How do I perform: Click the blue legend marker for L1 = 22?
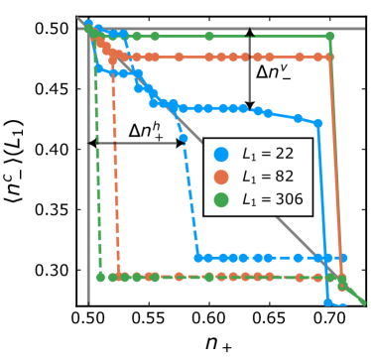221,155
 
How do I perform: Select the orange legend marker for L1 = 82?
221,178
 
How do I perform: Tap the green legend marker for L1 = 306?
221,199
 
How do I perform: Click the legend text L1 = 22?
269,155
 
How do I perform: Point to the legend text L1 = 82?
269,178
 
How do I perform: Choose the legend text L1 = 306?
273,199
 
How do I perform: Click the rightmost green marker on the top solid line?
329,37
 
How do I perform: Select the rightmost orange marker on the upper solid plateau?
329,58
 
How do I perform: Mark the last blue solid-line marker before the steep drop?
318,124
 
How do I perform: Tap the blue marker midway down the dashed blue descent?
184,138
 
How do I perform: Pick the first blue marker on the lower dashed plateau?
198,258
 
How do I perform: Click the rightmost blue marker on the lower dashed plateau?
342,258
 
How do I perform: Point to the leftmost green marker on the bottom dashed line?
100,277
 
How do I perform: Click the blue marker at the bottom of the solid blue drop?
328,301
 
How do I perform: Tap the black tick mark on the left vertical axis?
89,147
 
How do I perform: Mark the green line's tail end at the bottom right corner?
362,301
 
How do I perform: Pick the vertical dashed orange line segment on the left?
117,179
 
